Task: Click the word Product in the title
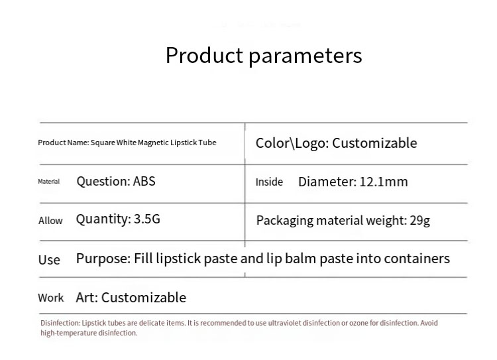[204, 55]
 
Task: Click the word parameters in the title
[305, 56]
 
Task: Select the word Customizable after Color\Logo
[374, 143]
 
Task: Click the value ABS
[144, 181]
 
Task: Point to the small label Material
[48, 182]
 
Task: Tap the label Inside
[269, 182]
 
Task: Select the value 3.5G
[147, 219]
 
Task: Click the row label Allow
[50, 221]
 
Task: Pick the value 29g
[419, 220]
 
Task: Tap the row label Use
[49, 260]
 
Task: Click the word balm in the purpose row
[301, 259]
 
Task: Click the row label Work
[51, 298]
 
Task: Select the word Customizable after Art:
[144, 298]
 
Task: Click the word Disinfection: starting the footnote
[60, 323]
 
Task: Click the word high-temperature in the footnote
[68, 333]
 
